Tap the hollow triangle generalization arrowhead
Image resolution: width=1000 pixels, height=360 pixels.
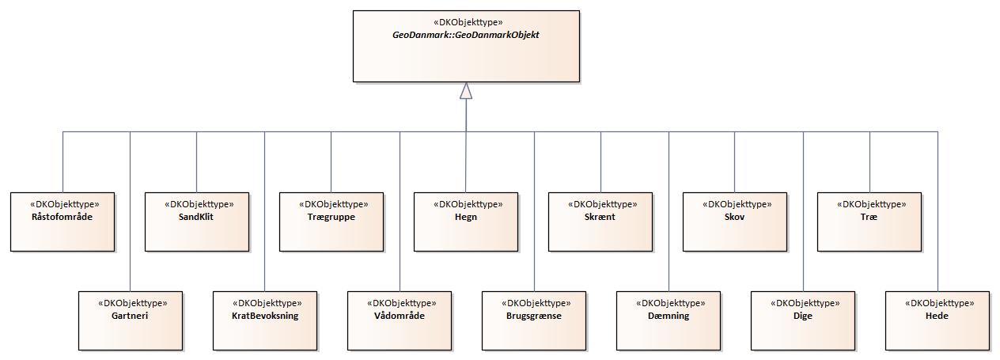466,92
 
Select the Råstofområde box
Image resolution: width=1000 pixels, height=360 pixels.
62,222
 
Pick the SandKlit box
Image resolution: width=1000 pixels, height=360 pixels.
197,222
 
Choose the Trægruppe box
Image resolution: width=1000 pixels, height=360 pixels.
331,222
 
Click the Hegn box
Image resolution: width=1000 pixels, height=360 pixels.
466,222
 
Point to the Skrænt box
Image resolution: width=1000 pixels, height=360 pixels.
600,222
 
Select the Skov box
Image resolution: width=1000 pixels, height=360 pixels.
735,222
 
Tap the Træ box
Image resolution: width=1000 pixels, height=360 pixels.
869,222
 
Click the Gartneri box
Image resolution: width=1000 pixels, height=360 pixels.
131,320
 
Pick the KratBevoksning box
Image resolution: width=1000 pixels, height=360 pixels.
265,320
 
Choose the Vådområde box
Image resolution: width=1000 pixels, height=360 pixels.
400,320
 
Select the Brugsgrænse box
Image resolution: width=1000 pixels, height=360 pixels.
534,320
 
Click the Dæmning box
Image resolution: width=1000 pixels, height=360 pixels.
669,320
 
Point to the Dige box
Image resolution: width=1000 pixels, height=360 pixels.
803,320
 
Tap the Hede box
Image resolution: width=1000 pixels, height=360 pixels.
937,320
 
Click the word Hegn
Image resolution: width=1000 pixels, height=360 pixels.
466,217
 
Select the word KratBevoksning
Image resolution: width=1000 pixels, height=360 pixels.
265,316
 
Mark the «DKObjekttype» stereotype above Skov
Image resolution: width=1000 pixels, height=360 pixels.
735,204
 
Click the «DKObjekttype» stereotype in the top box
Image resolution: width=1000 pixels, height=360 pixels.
466,22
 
